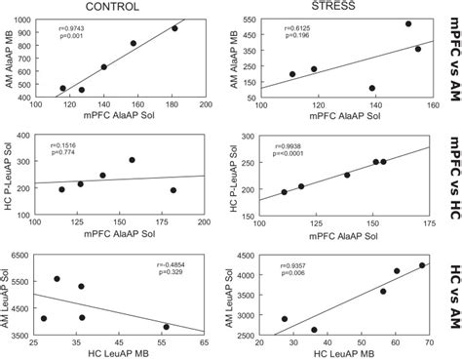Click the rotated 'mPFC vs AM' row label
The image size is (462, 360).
click(x=447, y=51)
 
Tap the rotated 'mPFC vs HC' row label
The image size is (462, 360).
click(x=447, y=170)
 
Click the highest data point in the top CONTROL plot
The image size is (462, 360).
click(x=175, y=28)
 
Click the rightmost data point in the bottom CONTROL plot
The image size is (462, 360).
click(x=167, y=327)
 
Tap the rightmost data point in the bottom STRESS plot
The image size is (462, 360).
click(x=421, y=265)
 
